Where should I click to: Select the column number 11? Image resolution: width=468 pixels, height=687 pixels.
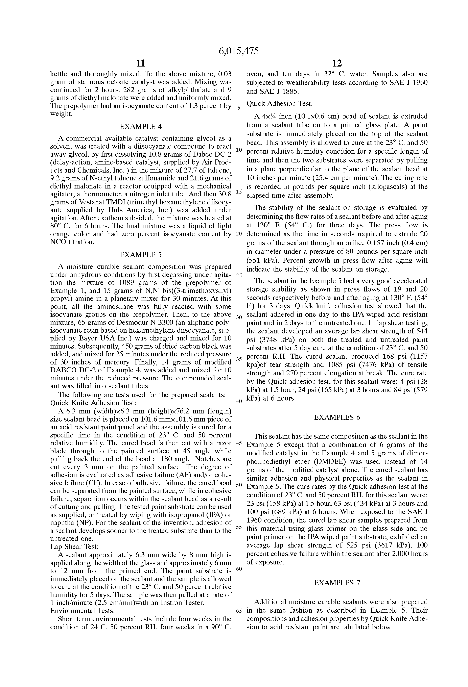[141, 63]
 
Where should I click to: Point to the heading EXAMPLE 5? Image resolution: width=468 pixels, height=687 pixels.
[141, 255]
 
